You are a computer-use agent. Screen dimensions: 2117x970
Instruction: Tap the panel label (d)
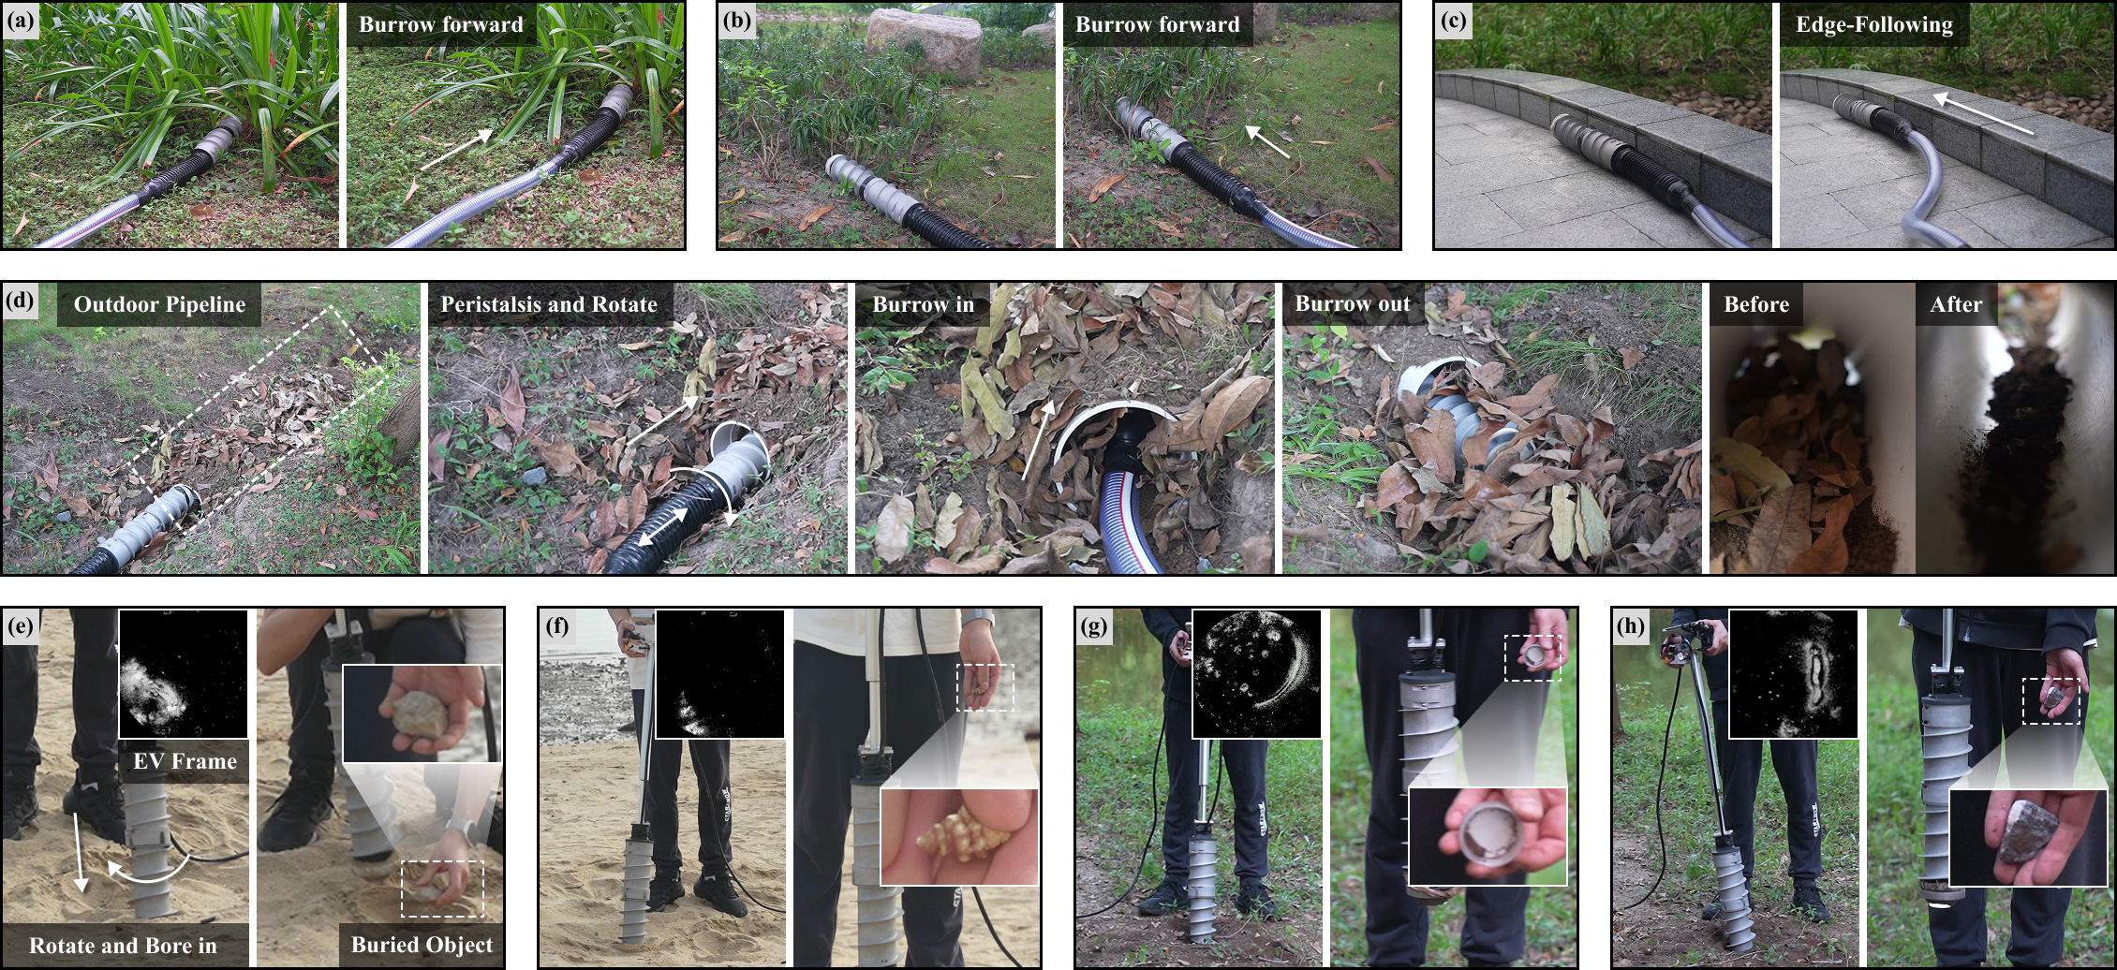[21, 301]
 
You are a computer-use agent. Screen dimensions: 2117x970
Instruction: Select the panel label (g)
[1093, 625]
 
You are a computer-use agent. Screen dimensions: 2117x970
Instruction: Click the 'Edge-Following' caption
[1873, 25]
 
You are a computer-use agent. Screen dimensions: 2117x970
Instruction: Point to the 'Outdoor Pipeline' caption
[159, 305]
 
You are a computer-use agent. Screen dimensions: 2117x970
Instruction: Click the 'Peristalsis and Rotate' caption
[549, 305]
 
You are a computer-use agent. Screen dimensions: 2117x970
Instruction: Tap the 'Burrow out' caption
[1352, 305]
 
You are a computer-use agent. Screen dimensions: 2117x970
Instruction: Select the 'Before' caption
[1756, 305]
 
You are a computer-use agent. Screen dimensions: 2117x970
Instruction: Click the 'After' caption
[1956, 305]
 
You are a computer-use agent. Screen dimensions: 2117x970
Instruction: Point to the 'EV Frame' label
[185, 761]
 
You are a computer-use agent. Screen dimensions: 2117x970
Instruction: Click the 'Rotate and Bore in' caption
[123, 946]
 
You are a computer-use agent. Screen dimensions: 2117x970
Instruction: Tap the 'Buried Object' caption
[422, 945]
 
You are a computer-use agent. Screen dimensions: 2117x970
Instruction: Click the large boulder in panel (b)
[925, 42]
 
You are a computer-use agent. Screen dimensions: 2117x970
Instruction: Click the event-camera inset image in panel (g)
[1256, 673]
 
